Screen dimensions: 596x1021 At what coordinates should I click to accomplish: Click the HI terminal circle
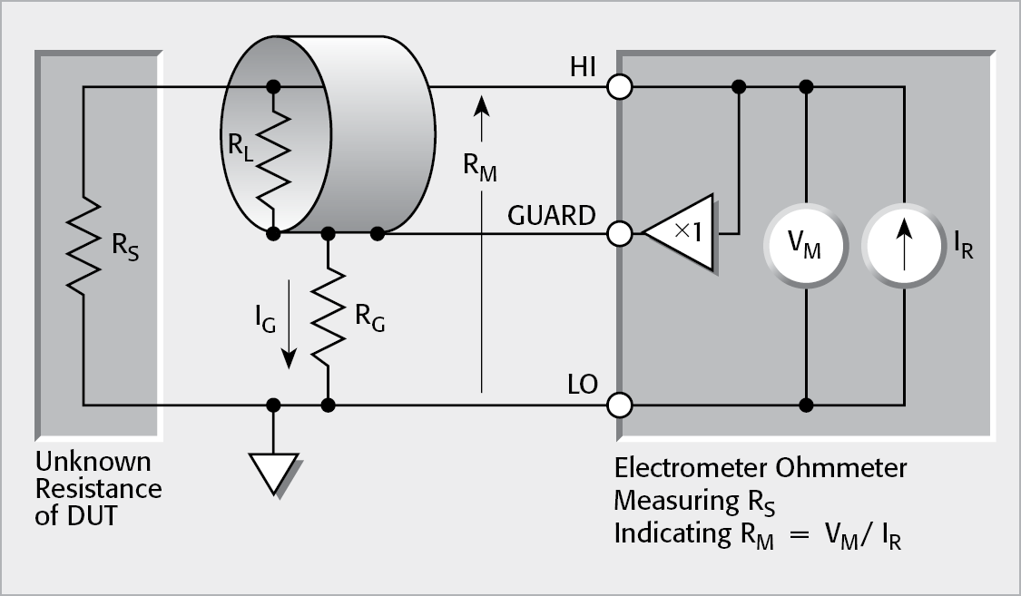tap(620, 87)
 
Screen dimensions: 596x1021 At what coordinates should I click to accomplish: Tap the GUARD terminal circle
tap(620, 234)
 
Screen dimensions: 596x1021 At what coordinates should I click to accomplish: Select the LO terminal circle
tap(620, 404)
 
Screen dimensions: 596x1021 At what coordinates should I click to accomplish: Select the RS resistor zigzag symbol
tap(83, 245)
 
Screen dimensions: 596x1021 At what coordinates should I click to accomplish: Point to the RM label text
tap(481, 168)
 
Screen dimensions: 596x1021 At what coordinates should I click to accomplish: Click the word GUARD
tap(553, 217)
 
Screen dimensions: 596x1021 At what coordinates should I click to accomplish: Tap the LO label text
tap(582, 386)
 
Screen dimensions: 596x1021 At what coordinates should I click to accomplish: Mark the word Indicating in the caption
tap(667, 534)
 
